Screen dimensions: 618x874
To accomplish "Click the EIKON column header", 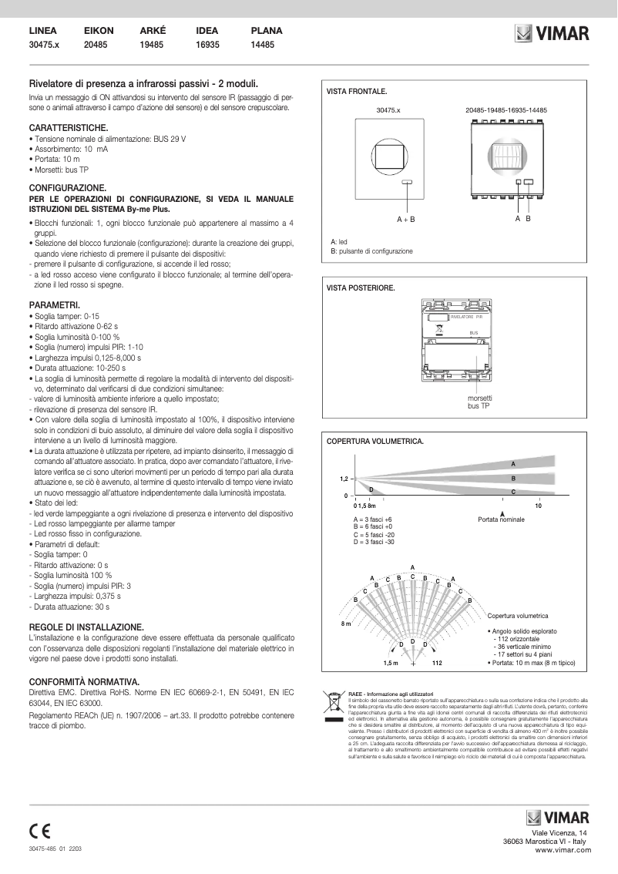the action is click(x=99, y=32).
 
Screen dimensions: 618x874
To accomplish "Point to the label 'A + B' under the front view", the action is click(x=406, y=220).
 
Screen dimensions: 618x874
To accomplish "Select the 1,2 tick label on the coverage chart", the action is click(x=345, y=479).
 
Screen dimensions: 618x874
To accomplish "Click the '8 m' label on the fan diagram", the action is click(x=347, y=623).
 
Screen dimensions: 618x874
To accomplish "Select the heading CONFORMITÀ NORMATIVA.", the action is click(x=83, y=682).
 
